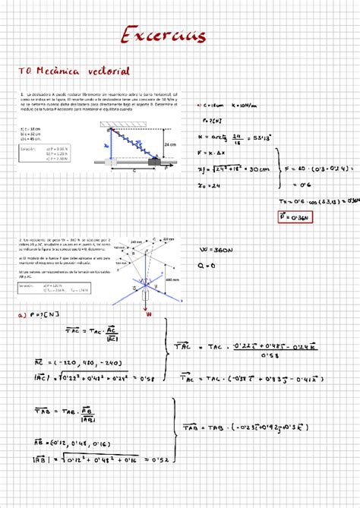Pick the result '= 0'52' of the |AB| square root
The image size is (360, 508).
[x=149, y=457]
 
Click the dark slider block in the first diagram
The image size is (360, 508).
[x=155, y=162]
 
